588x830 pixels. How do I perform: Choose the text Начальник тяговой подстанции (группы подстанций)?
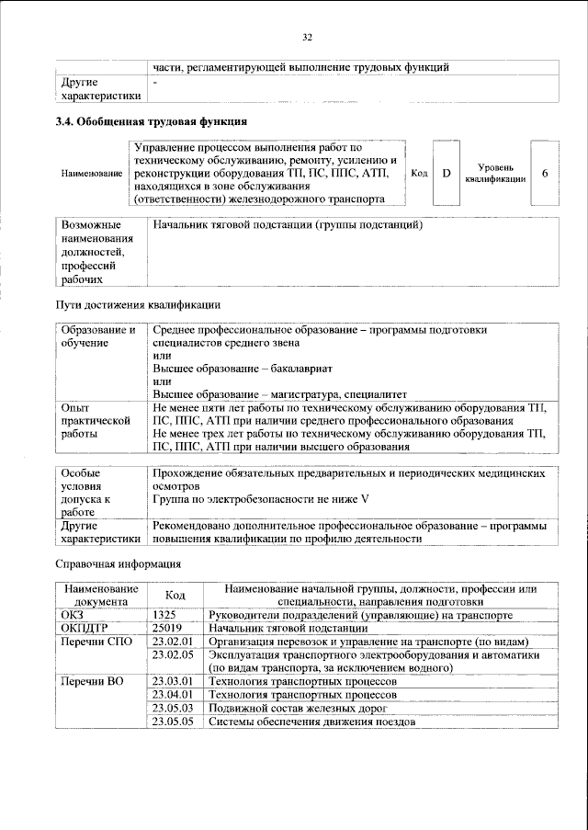tap(288, 225)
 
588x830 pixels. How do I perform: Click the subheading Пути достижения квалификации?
tap(138, 304)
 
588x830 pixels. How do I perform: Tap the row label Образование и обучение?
tap(97, 335)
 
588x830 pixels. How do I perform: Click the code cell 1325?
tap(165, 614)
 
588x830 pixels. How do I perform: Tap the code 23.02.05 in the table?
tap(173, 654)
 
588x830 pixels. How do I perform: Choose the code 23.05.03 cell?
tap(173, 709)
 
